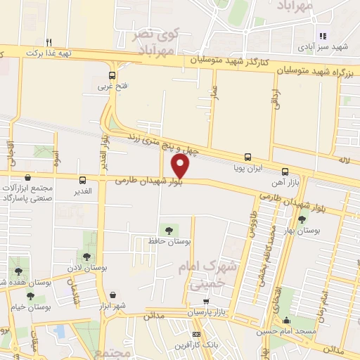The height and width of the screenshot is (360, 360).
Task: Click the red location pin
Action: click(181, 167)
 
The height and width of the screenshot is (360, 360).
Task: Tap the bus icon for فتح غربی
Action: click(112, 76)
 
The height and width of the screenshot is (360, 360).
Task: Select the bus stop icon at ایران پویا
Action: click(247, 157)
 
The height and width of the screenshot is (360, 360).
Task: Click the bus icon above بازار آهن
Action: click(285, 171)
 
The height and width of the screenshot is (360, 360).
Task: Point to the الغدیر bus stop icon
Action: click(83, 179)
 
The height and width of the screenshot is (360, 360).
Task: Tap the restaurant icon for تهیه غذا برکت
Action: click(49, 41)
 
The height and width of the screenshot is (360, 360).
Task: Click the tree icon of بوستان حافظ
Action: click(167, 229)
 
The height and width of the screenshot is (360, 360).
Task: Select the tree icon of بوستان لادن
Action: click(86, 257)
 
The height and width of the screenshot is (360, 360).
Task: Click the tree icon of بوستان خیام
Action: click(30, 295)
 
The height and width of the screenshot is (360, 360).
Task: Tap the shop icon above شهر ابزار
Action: click(112, 295)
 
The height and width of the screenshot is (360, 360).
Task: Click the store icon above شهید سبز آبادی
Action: click(322, 35)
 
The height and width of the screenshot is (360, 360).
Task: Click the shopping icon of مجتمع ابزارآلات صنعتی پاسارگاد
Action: click(27, 178)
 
